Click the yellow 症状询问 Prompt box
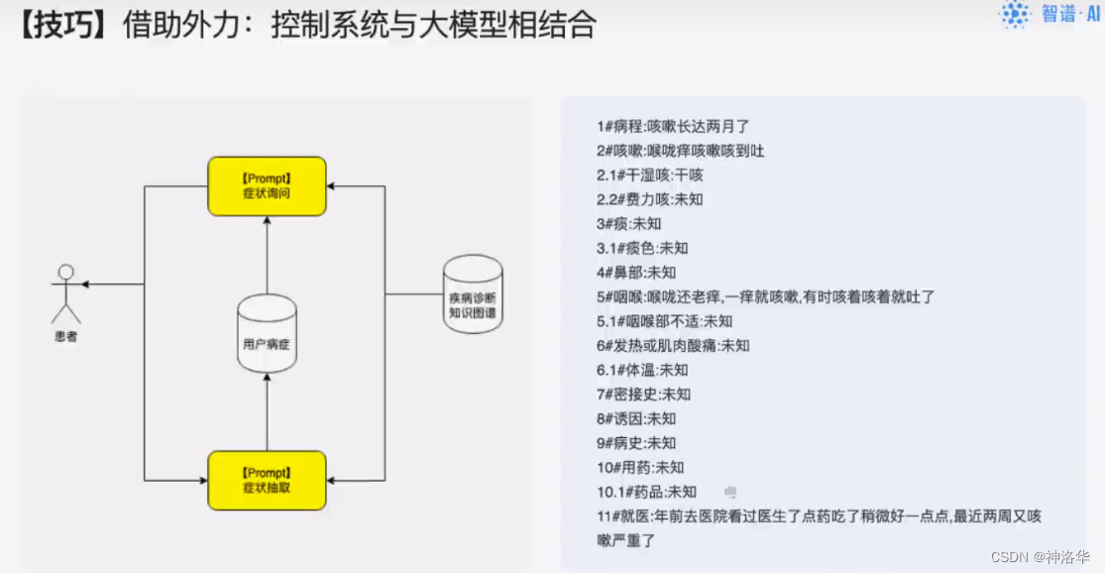tap(267, 185)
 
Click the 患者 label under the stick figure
tap(66, 337)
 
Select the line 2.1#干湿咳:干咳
tap(649, 174)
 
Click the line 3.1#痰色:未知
tap(641, 248)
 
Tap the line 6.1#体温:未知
tap(641, 370)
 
